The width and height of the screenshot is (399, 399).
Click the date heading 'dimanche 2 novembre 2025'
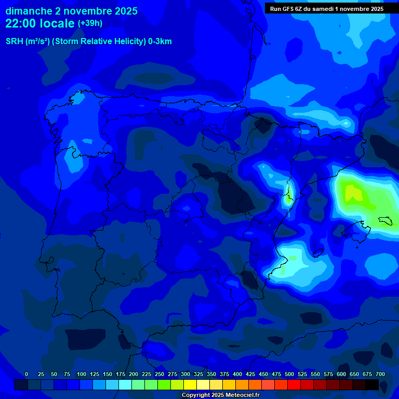click(71, 11)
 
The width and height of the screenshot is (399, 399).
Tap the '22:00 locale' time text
click(40, 23)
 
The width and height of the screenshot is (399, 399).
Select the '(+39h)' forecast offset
click(90, 23)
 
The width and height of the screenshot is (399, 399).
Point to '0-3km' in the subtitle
click(159, 42)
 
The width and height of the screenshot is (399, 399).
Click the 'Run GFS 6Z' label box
click(327, 8)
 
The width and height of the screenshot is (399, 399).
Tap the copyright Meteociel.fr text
click(220, 395)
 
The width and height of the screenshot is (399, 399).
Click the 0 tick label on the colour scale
click(26, 374)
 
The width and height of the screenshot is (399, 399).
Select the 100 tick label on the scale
click(82, 374)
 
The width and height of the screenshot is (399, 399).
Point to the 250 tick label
click(159, 374)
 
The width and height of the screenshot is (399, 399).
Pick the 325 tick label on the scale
click(198, 374)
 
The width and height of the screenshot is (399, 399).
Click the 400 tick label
click(237, 374)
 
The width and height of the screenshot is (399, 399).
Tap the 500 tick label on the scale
click(289, 374)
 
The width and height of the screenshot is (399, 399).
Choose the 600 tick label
click(341, 374)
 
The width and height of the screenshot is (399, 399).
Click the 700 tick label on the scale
click(380, 374)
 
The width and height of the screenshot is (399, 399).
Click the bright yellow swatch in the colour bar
click(190, 384)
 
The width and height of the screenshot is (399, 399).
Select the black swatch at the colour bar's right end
click(372, 384)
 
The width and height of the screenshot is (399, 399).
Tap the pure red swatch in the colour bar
click(294, 384)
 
